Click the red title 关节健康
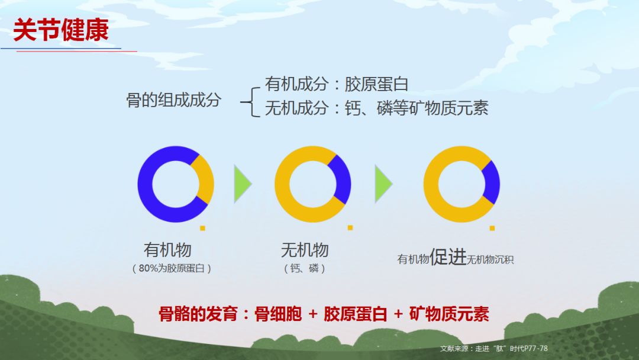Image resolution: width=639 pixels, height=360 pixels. pos(61,30)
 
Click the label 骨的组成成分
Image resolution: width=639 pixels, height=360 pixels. pos(174,100)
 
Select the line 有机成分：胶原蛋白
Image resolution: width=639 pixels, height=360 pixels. pos(337,84)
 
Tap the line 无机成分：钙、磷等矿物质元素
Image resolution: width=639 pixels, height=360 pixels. pos(376,108)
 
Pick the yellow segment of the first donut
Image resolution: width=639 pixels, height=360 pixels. pos(206,179)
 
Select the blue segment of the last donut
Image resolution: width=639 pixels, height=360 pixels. pos(492,182)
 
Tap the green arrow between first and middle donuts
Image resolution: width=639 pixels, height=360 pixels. pos(242,184)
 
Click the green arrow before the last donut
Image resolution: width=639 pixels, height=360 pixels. pos(383,184)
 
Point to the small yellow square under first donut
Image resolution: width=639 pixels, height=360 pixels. pos(202,228)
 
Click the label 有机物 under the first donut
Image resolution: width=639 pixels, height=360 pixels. pos(167,249)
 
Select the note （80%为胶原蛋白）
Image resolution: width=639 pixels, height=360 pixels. pos(172,268)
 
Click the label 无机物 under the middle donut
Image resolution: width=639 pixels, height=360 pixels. pos(305,249)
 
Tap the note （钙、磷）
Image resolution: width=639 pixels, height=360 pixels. pos(305,268)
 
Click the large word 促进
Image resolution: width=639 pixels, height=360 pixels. pos(448,256)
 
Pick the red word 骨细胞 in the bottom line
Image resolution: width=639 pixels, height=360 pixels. pos(278,314)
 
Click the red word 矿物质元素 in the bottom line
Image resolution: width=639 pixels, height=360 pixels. pos(449,314)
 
